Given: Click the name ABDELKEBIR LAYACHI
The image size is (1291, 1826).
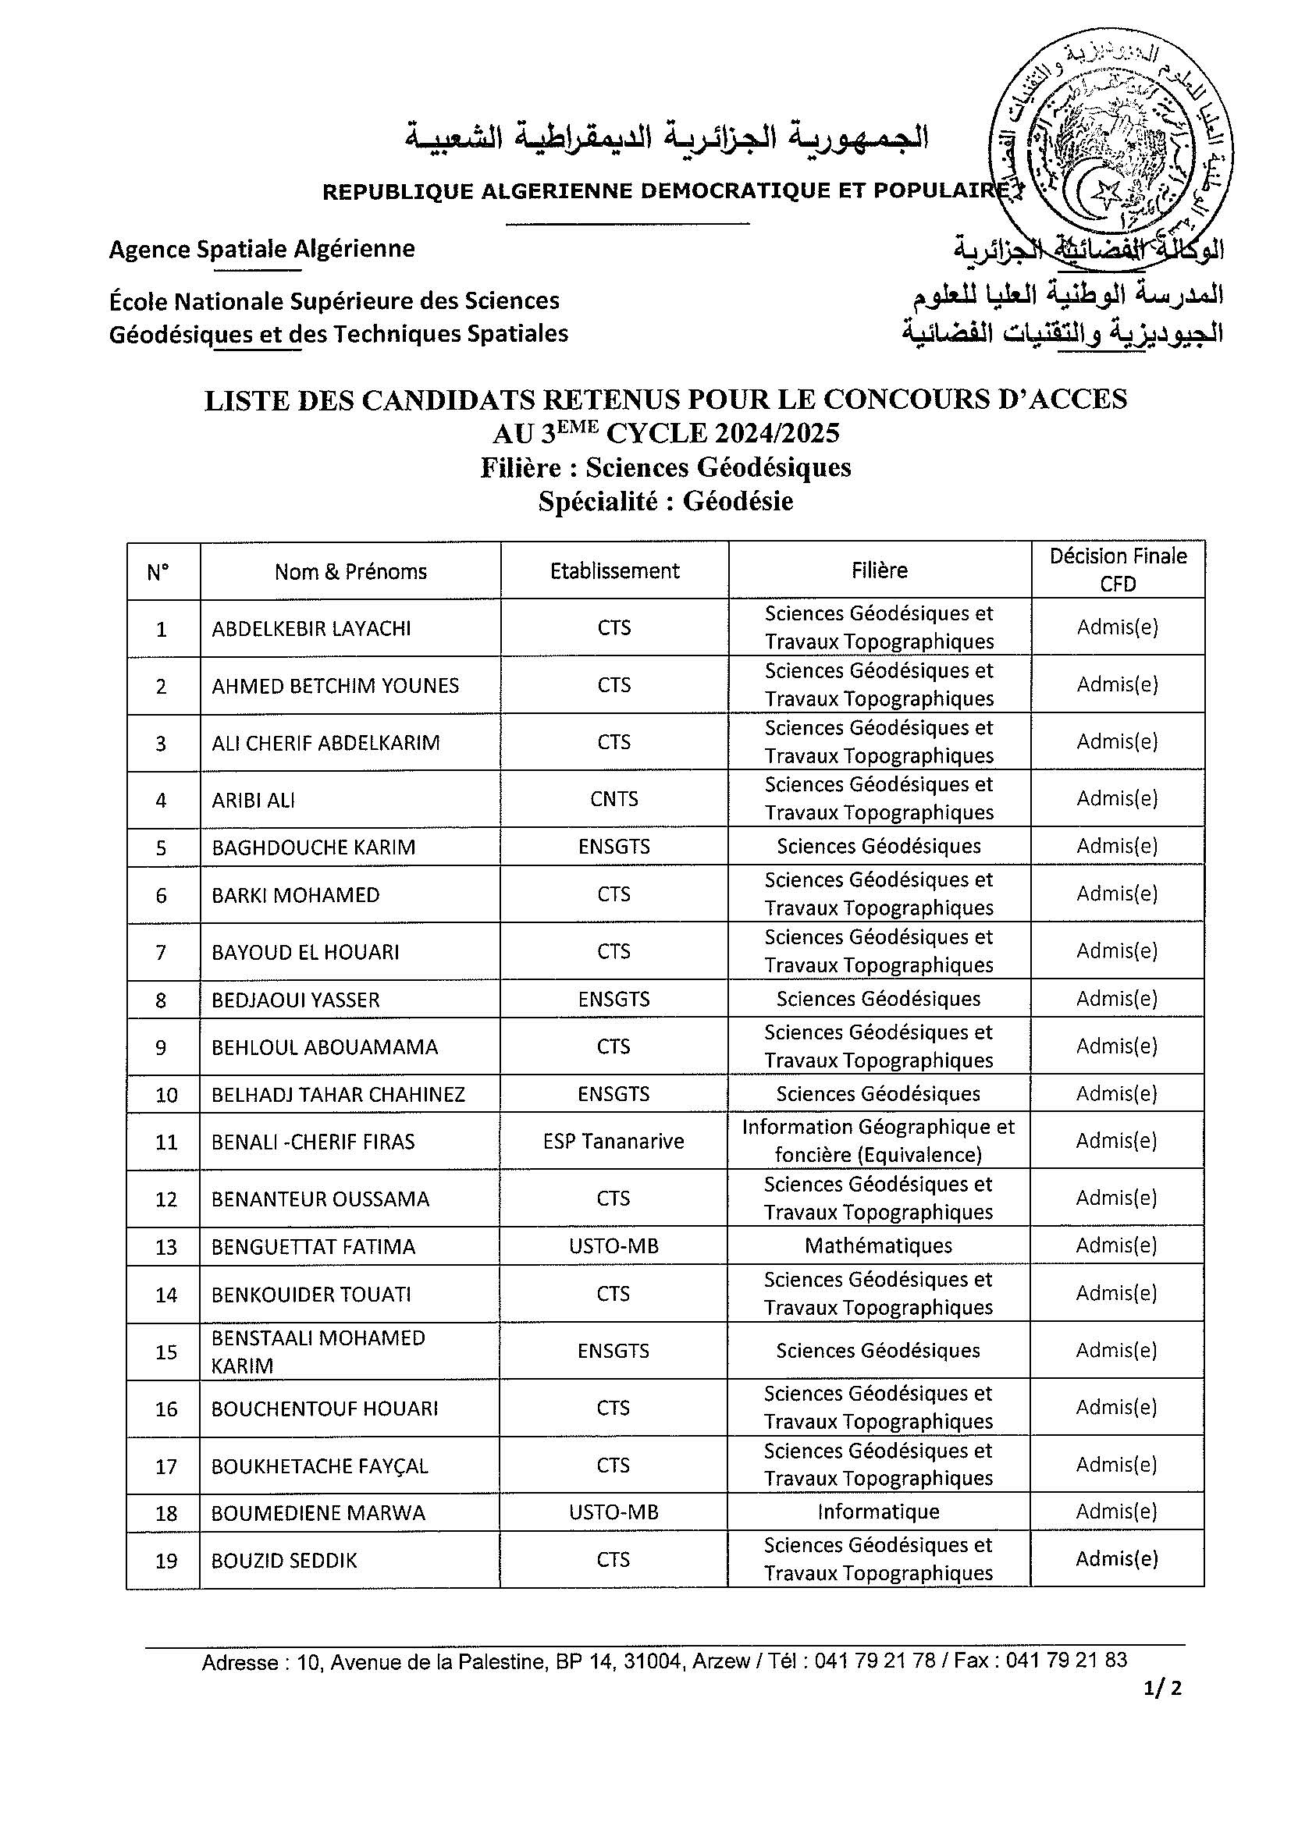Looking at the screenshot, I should point(311,628).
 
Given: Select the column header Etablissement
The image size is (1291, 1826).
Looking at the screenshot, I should point(614,570).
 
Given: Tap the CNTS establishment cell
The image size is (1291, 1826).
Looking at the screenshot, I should point(614,798).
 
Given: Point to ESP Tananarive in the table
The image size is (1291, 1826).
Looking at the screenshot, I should point(613,1141).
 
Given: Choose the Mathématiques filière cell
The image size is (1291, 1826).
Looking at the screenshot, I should point(878,1245).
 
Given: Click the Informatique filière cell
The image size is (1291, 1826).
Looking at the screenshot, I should point(878,1511).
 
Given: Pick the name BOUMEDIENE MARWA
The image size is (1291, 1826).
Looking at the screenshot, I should point(318,1512).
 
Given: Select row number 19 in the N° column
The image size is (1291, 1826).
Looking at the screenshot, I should point(165,1561).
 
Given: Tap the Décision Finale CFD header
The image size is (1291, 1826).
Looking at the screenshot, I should point(1118,570).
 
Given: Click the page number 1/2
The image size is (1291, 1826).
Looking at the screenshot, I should point(1162,1710).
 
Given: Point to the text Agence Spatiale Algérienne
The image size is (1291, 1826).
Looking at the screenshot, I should point(261,249).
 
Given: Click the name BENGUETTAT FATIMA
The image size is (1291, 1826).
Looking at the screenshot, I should point(314,1246).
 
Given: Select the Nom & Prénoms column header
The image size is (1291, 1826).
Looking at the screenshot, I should point(350,571).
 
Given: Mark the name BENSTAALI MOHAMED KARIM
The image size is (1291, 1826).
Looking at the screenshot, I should point(318,1352).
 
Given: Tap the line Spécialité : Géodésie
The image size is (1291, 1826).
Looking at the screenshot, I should point(665,501).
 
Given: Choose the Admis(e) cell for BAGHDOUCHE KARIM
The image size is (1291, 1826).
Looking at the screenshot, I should point(1117,846).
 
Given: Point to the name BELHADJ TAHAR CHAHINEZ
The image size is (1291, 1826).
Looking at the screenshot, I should point(338,1094).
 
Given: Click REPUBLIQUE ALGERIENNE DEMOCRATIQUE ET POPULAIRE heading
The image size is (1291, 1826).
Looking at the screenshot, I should point(668,191).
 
